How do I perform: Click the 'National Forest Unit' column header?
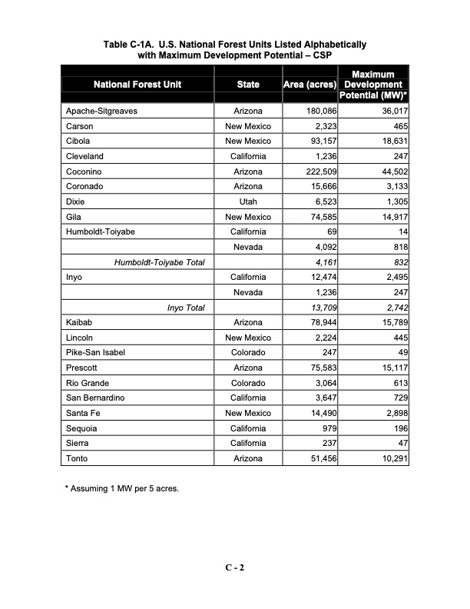point(137,85)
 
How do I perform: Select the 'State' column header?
point(247,85)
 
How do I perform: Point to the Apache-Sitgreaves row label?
point(102,111)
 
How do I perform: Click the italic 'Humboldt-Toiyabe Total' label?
point(159,262)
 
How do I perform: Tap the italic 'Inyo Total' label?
point(186,308)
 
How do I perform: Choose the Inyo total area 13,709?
point(322,308)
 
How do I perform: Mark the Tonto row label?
point(77,458)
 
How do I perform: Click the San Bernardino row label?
point(95,398)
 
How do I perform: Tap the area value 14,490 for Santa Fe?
point(322,413)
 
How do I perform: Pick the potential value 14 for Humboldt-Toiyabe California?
point(402,231)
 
